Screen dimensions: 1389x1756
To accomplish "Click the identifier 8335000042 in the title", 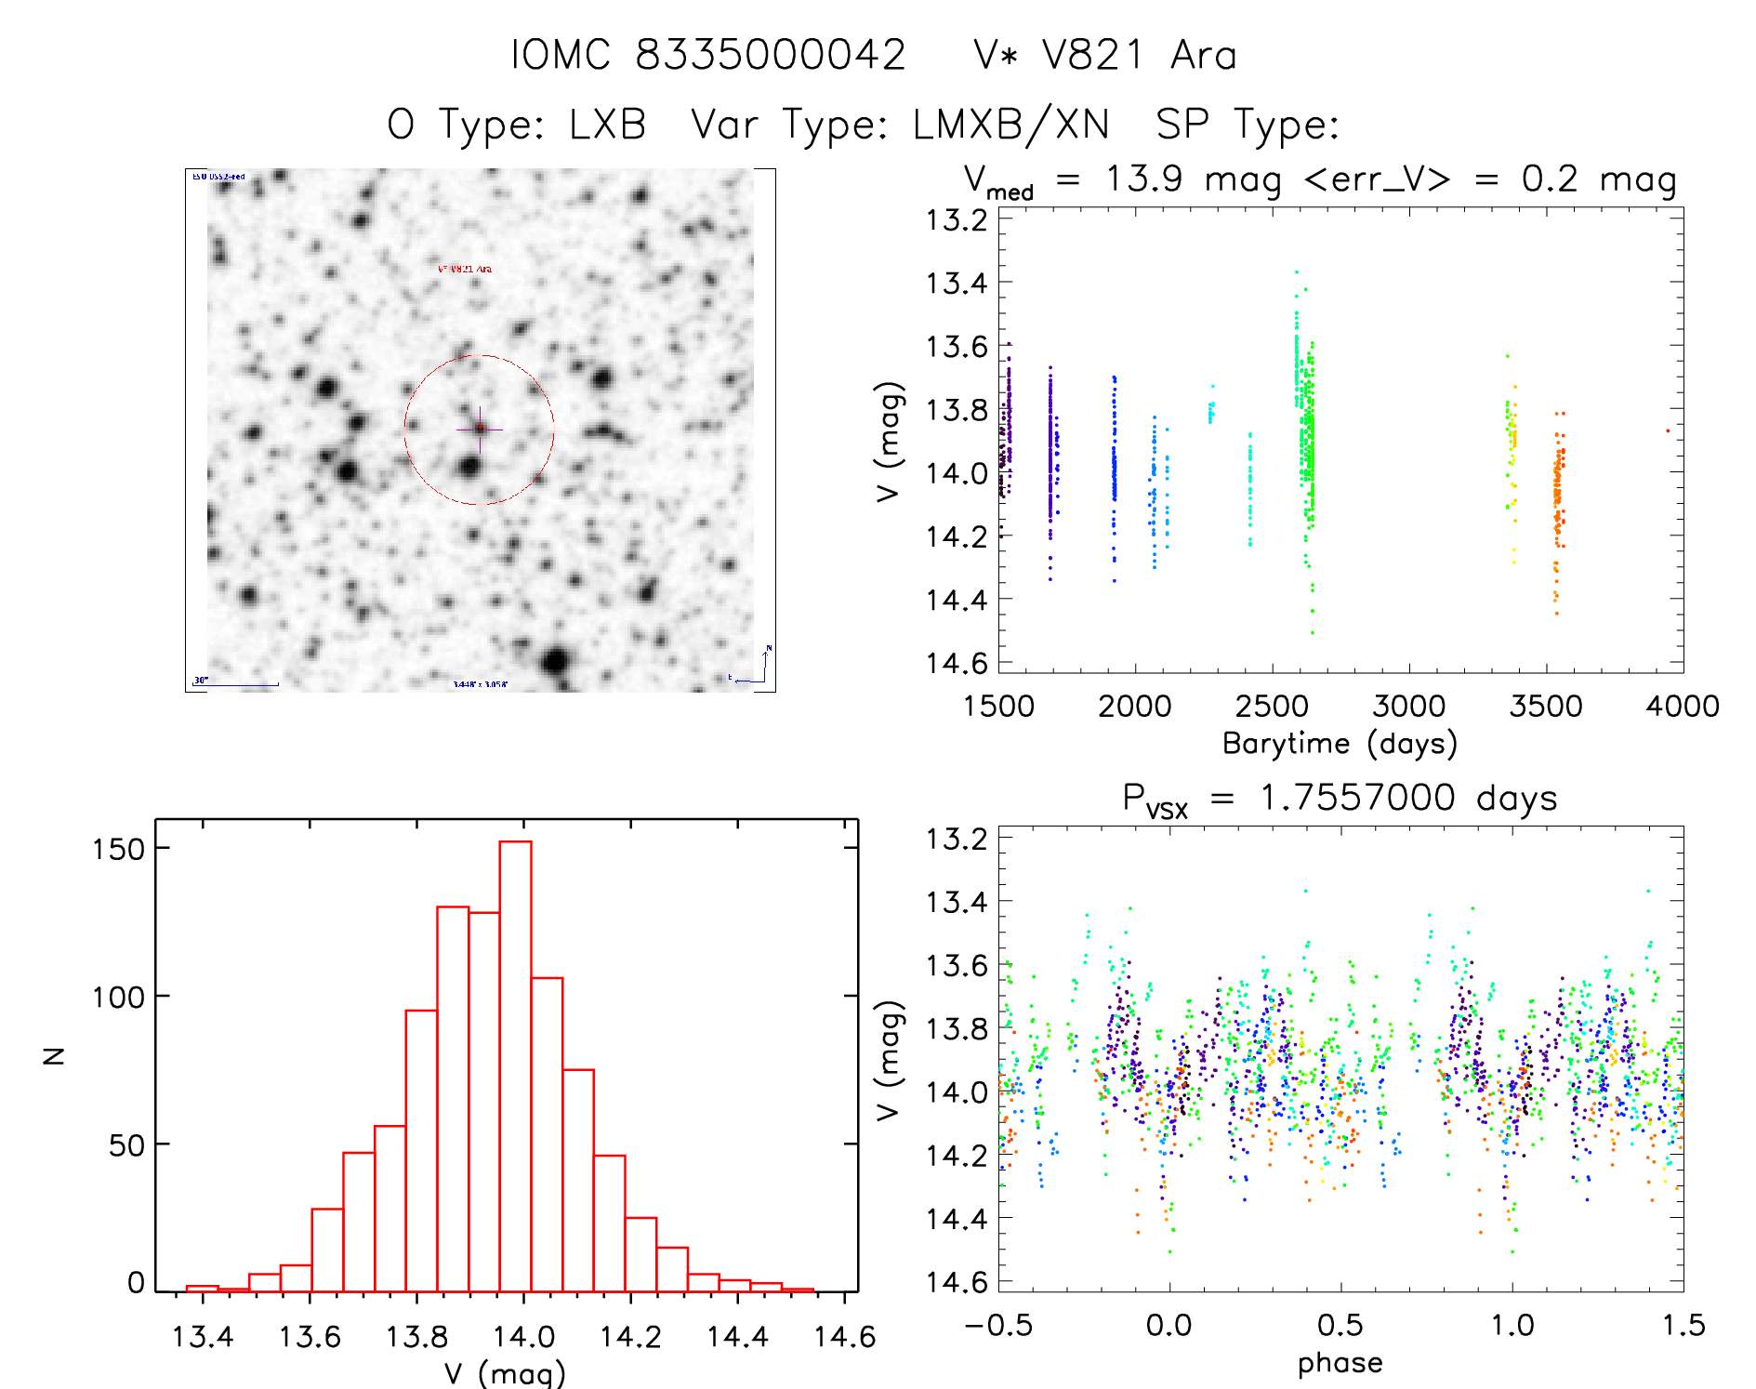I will [771, 55].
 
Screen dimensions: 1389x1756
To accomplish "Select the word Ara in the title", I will [1204, 55].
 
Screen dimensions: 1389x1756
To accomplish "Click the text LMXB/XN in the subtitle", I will [1011, 124].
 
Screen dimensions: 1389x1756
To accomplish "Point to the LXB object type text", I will [607, 124].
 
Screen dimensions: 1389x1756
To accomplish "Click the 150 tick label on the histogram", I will [118, 849].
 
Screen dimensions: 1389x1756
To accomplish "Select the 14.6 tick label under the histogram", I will [844, 1337].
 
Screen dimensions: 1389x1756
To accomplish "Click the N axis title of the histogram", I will [55, 1055].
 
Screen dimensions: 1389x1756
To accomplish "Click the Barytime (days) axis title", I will [1340, 743].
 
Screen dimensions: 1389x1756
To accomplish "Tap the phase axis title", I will [1340, 1362].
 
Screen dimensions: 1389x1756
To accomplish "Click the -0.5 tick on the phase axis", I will [998, 1325].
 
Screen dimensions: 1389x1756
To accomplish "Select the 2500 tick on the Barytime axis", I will [1272, 706].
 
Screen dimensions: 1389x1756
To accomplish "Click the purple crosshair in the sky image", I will [480, 429].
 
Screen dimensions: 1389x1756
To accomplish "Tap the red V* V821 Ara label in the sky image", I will [465, 269].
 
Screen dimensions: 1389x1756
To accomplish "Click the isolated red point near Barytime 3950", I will [1668, 430].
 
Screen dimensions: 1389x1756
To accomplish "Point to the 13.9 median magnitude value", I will [1143, 178].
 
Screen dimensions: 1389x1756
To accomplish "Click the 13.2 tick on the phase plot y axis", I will [956, 839].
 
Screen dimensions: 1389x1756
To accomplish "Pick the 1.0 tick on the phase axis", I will [1512, 1325].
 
